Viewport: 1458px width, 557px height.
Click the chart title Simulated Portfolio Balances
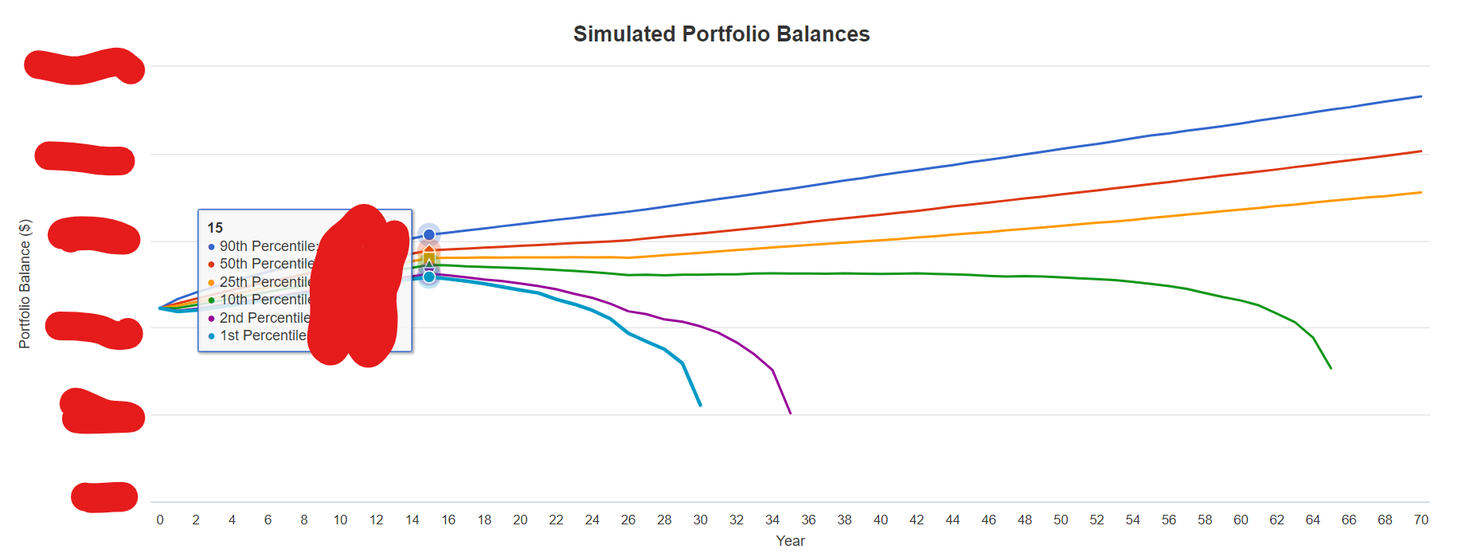tap(721, 34)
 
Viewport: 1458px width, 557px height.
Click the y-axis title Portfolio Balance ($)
tap(25, 284)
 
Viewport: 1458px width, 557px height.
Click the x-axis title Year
tap(790, 541)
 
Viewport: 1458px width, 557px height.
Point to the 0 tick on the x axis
tap(160, 520)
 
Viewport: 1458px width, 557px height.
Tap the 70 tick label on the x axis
tap(1421, 520)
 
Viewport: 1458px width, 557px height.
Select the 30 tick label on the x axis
tap(700, 520)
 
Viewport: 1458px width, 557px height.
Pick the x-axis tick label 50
tap(1061, 520)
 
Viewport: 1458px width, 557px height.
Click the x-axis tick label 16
tap(448, 520)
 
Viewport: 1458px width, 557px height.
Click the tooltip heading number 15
tap(215, 228)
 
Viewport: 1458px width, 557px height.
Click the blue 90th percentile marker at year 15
tap(429, 234)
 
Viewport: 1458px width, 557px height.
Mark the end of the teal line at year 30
tap(701, 406)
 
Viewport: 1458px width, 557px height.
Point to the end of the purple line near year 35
tap(790, 413)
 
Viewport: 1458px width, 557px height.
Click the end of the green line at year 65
tap(1331, 368)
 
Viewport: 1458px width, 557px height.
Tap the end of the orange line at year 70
tap(1421, 192)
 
